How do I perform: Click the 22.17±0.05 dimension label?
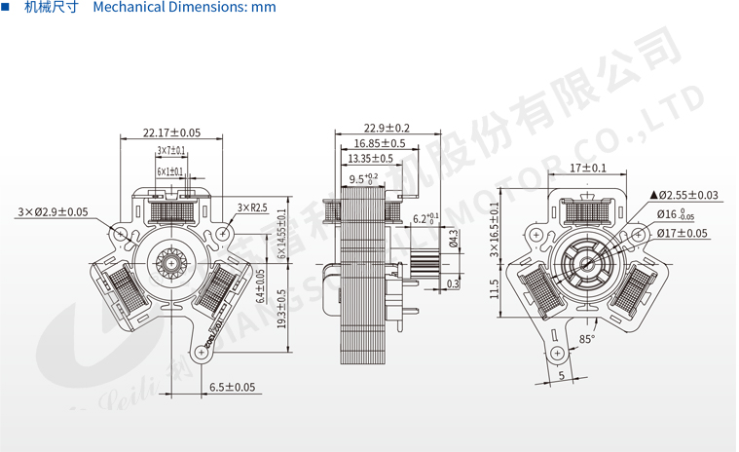171,132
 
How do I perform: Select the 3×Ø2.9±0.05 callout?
52,211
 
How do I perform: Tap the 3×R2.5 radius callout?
252,207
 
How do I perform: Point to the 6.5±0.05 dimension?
232,387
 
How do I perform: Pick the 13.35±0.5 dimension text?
370,158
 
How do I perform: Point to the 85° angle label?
586,339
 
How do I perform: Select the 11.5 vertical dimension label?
495,288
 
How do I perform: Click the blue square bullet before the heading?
9,8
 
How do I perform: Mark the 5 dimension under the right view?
562,375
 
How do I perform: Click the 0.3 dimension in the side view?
453,284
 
